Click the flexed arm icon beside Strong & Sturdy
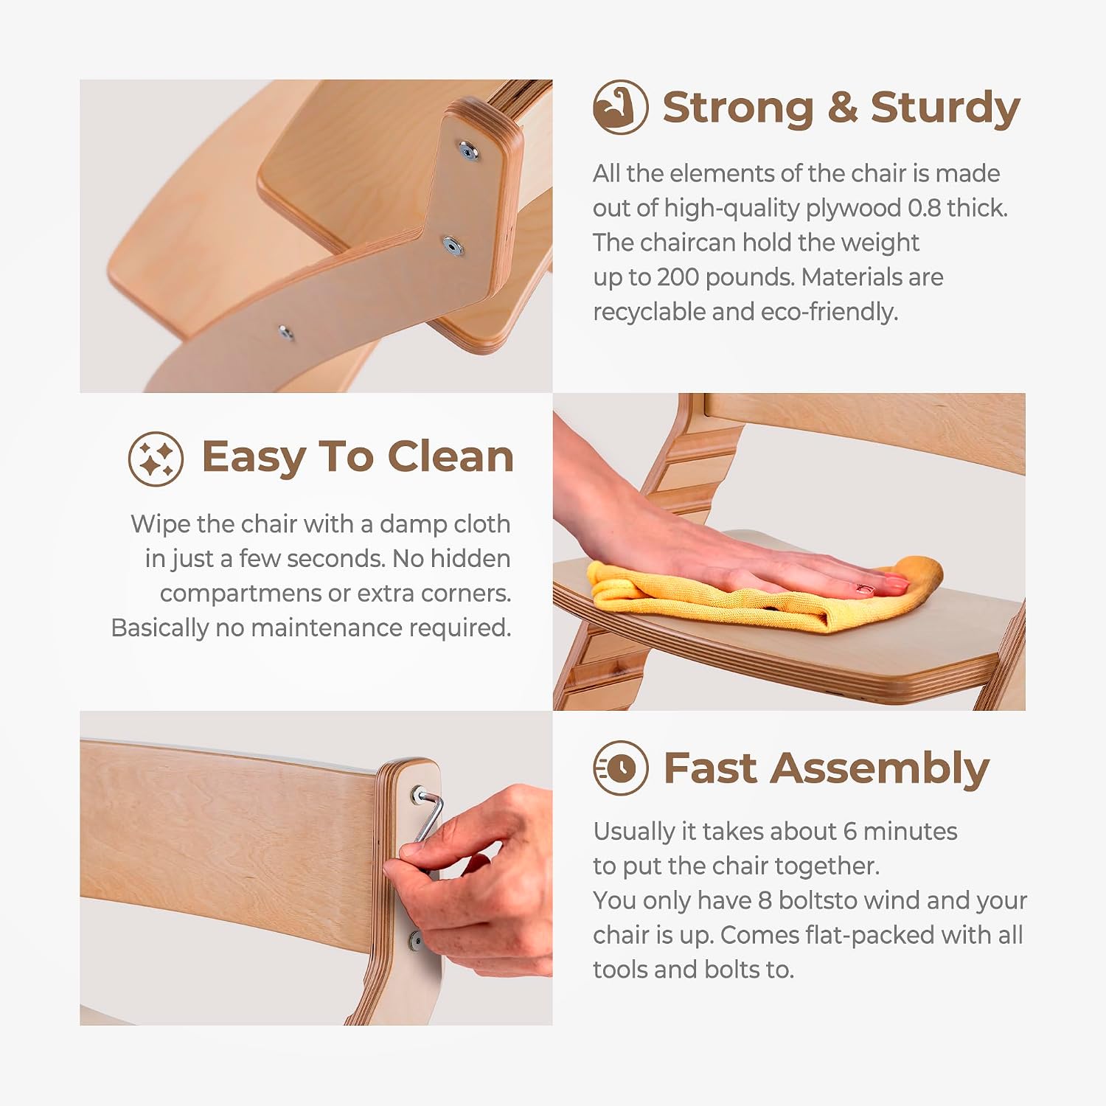coord(620,107)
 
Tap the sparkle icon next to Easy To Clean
coord(156,459)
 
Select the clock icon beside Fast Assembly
coord(621,768)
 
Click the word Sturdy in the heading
coord(945,109)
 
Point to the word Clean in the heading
coord(451,456)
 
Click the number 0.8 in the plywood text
coord(925,208)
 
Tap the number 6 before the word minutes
coord(849,832)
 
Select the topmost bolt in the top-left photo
coord(467,151)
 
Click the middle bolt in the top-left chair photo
coord(452,245)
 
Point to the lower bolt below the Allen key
coord(414,940)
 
